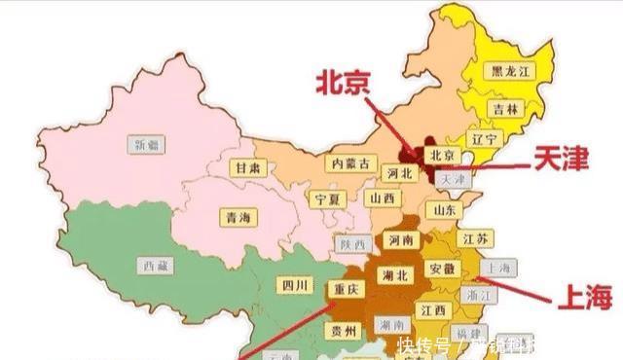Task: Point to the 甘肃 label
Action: click(x=246, y=167)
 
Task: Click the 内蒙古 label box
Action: click(x=350, y=163)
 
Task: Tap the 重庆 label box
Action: click(x=348, y=289)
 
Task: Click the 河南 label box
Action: click(x=401, y=239)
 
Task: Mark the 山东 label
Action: click(x=445, y=210)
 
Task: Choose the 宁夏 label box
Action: click(x=327, y=198)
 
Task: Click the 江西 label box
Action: click(x=434, y=310)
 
